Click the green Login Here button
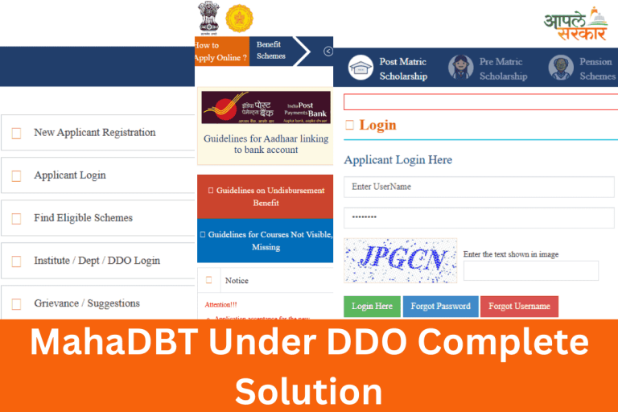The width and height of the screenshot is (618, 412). coord(372,307)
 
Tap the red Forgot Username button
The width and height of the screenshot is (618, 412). coord(519,307)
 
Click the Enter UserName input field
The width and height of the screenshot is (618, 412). coord(479,187)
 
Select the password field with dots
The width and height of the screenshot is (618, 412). coord(479,218)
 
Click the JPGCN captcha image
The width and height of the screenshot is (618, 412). coord(400,260)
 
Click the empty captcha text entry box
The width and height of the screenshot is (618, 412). coord(530,271)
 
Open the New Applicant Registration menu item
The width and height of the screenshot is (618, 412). coord(94,133)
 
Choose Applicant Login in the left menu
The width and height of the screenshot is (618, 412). coord(69,175)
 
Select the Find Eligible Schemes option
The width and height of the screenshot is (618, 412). coord(83,218)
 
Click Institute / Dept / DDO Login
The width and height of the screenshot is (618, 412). coord(97,261)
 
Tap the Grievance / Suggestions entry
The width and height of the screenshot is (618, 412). coord(86,303)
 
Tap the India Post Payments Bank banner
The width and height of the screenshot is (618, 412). coord(266,107)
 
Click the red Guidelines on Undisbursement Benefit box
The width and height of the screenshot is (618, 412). coord(266,196)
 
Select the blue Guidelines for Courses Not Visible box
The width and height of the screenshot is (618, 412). coord(266,241)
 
